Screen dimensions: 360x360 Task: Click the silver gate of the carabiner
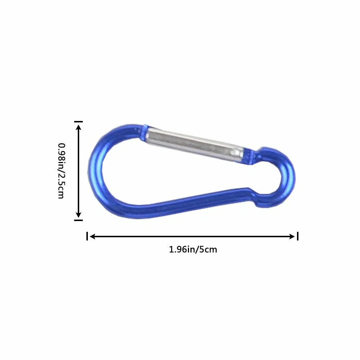pos(195,144)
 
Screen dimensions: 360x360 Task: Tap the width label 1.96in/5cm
pos(193,249)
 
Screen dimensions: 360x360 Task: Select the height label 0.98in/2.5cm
pos(62,171)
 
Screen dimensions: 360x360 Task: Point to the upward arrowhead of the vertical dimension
pos(78,127)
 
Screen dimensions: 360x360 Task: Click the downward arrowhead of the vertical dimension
pos(78,215)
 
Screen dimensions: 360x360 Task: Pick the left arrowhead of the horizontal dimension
pos(92,236)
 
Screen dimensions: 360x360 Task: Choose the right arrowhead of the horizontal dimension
pos(292,236)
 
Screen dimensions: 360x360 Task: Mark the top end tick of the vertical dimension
pos(78,121)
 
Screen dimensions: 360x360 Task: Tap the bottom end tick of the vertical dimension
pos(78,220)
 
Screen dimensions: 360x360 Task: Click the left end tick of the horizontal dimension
pos(87,236)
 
